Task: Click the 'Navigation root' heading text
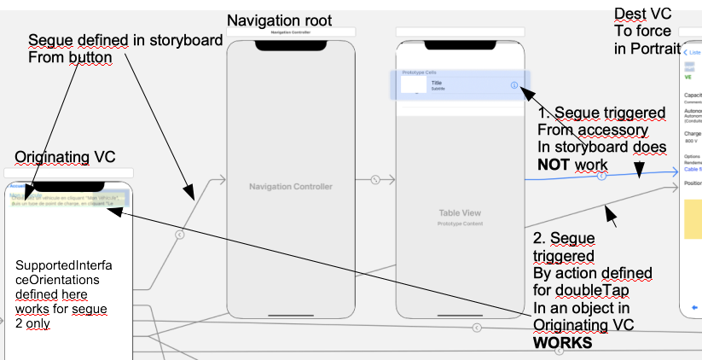click(279, 20)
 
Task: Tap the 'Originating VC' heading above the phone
click(65, 156)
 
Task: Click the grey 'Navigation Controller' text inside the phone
click(290, 186)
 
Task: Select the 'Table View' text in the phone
click(461, 212)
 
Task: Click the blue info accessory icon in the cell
click(514, 85)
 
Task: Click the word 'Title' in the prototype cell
click(437, 83)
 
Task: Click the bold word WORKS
click(563, 344)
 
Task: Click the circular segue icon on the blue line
click(602, 177)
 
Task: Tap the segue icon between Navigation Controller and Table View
click(374, 180)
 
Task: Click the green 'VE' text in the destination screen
click(688, 76)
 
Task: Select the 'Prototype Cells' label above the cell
click(418, 72)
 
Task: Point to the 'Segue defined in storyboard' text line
click(125, 40)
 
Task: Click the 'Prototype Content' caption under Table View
click(461, 223)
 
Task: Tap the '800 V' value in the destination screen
click(690, 141)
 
